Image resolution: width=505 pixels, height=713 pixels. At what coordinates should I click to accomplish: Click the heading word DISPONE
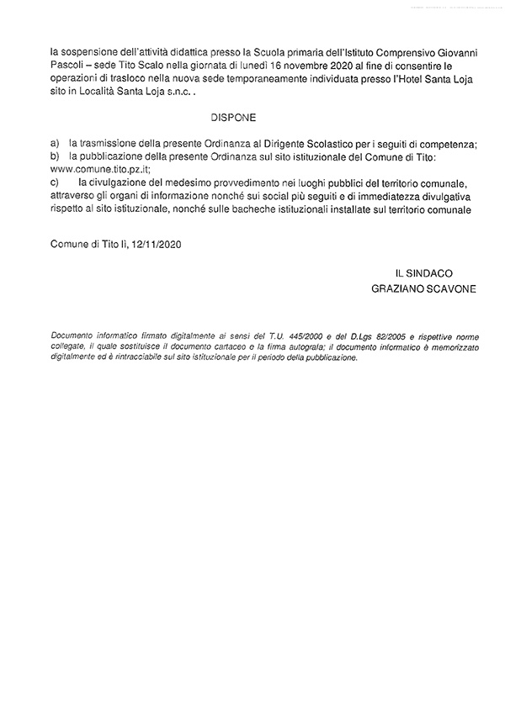(235, 119)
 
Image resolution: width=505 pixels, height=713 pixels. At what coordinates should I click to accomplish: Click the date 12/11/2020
(157, 245)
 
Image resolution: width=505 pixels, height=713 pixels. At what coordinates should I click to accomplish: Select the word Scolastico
(319, 145)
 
